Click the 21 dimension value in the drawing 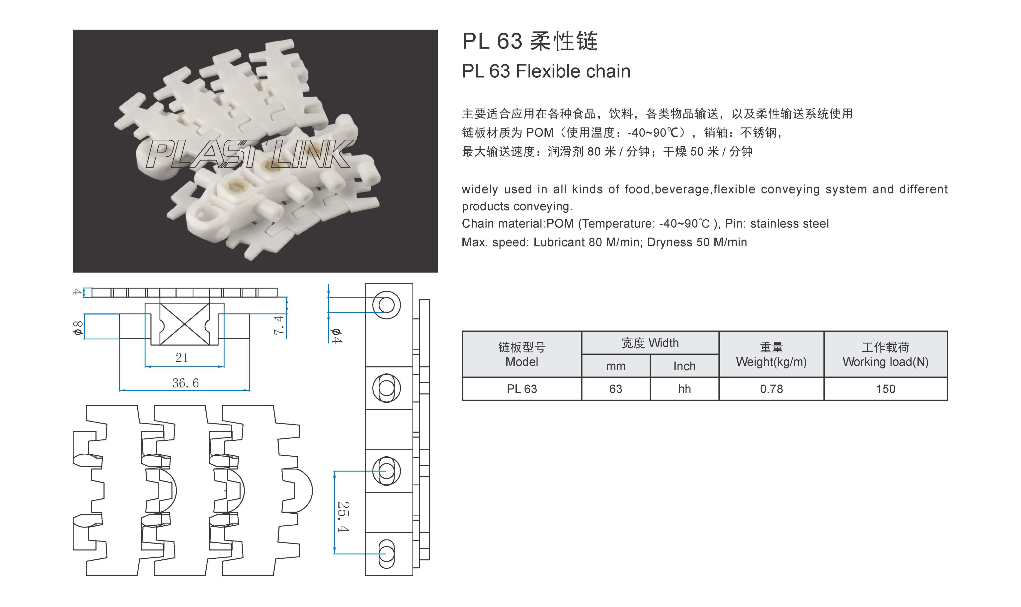coord(182,358)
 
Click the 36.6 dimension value coord(185,383)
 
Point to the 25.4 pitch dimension coord(343,517)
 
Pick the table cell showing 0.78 coord(771,389)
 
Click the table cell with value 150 coord(885,389)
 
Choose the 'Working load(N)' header coord(885,362)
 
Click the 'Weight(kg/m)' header coord(771,362)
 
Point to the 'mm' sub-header coord(616,366)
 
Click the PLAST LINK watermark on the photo coord(248,154)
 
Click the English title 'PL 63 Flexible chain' coord(546,71)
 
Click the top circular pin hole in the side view coord(386,305)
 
